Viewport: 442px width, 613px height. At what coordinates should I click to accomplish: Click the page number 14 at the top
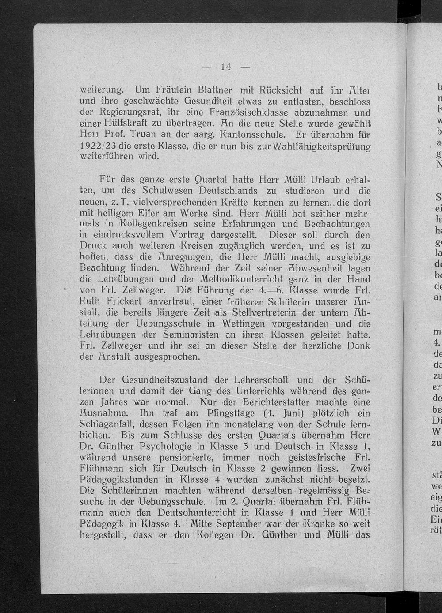click(x=226, y=67)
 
